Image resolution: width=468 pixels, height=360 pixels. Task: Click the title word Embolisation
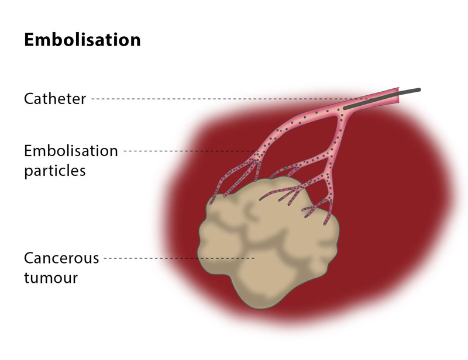pyautogui.click(x=82, y=40)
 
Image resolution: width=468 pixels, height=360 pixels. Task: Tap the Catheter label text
pyautogui.click(x=55, y=99)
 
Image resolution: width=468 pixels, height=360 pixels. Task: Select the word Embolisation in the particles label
pyautogui.click(x=71, y=151)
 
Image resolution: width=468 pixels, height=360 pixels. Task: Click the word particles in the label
pyautogui.click(x=55, y=171)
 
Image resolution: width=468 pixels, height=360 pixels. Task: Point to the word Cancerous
pyautogui.click(x=61, y=258)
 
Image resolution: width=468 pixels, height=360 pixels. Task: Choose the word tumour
pyautogui.click(x=51, y=277)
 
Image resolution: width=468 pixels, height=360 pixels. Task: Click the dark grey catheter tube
pyautogui.click(x=380, y=98)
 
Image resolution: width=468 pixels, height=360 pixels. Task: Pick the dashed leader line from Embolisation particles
pyautogui.click(x=187, y=151)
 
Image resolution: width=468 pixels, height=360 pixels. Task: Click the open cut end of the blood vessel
pyautogui.click(x=400, y=96)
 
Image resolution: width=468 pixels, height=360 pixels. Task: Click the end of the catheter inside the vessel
pyautogui.click(x=345, y=108)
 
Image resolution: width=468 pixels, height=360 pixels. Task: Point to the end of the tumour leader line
pyautogui.click(x=254, y=258)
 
